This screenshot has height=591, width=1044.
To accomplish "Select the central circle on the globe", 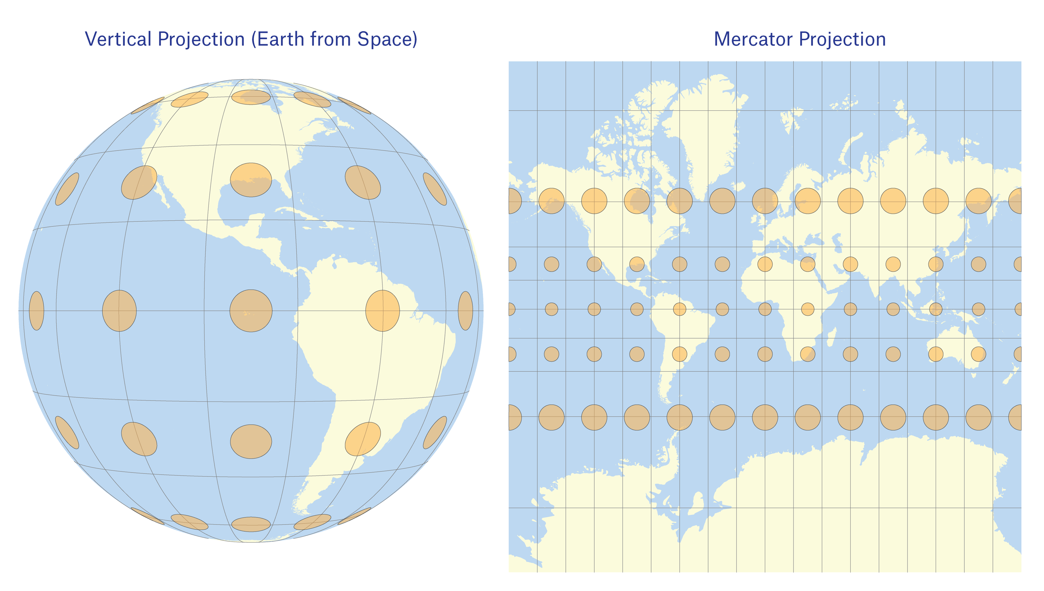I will click(251, 310).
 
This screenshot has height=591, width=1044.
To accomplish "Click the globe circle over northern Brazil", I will click(382, 310).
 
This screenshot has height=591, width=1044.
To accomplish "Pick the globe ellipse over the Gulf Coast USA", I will click(251, 180).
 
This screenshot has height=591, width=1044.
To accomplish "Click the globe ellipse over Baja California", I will click(139, 182).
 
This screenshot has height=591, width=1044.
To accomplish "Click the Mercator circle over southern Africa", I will click(807, 354).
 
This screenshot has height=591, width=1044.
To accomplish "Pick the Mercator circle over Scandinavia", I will click(765, 201).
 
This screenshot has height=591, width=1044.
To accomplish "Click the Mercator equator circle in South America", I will click(679, 309).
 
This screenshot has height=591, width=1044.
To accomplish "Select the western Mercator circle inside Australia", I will click(936, 354).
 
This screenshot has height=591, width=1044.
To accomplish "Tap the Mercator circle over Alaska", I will click(551, 201).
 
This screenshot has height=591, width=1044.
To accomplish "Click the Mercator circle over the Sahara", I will click(765, 264).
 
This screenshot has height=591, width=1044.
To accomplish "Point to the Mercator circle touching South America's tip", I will click(679, 417).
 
